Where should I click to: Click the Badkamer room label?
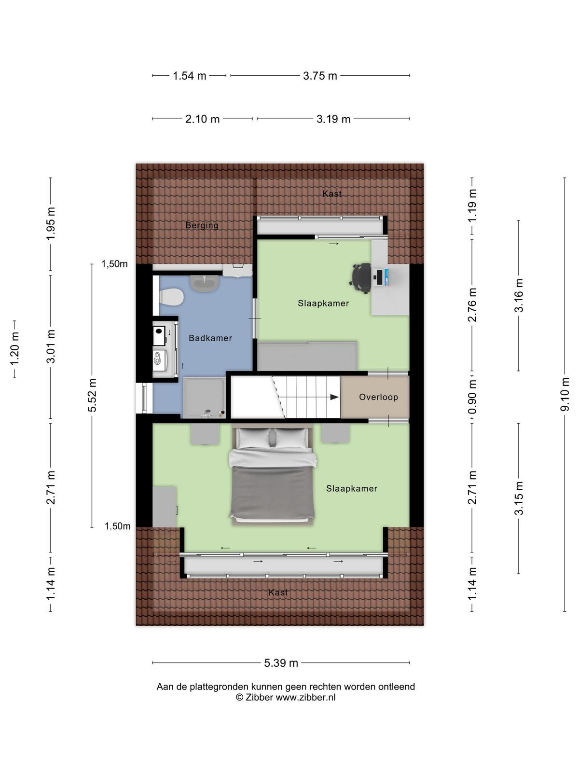click(210, 338)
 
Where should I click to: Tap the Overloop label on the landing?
click(378, 397)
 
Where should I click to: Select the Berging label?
click(202, 225)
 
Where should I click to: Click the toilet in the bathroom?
click(171, 297)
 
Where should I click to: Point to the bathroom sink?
click(204, 283)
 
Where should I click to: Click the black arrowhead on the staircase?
click(334, 397)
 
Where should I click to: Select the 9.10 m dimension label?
click(564, 394)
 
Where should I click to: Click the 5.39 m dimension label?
click(281, 663)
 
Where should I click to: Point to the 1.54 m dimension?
click(189, 76)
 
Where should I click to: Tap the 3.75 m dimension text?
click(320, 76)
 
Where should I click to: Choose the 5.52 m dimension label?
click(92, 395)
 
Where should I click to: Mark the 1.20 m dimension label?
click(14, 349)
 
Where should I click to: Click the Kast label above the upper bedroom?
click(332, 193)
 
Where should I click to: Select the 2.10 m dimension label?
click(203, 119)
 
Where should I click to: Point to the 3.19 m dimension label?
click(333, 119)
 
